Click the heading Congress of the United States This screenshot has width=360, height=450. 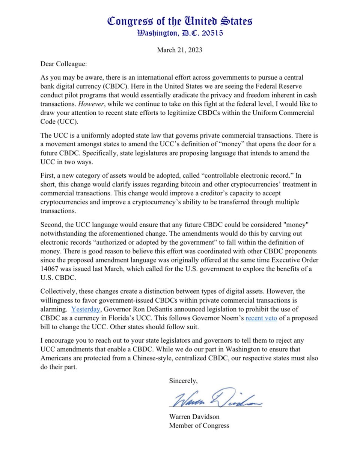pyautogui.click(x=180, y=21)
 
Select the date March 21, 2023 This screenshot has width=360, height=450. pyautogui.click(x=180, y=50)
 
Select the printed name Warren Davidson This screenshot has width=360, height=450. pyautogui.click(x=194, y=417)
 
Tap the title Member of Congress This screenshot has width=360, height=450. pyautogui.click(x=199, y=425)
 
